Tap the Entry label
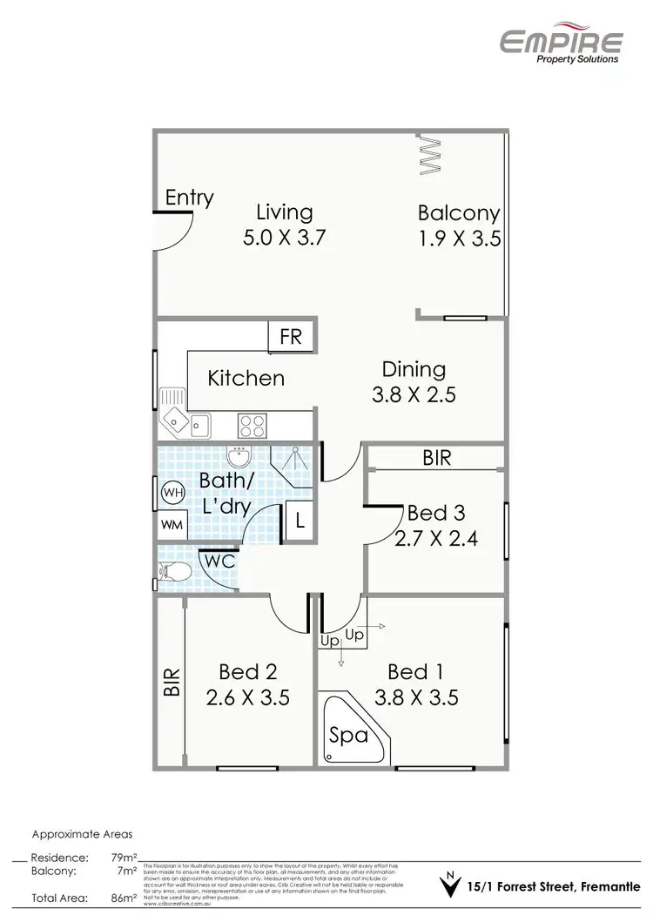pyautogui.click(x=189, y=198)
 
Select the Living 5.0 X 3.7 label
pyautogui.click(x=284, y=225)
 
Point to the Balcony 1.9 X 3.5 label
pyautogui.click(x=459, y=225)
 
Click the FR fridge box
pyautogui.click(x=291, y=336)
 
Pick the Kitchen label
pyautogui.click(x=246, y=378)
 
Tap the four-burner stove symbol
pyautogui.click(x=252, y=425)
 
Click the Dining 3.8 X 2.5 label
pyautogui.click(x=414, y=381)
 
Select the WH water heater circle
pyautogui.click(x=172, y=493)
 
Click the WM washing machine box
pyautogui.click(x=172, y=526)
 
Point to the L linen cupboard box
pyautogui.click(x=299, y=522)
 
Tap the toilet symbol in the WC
pyautogui.click(x=174, y=571)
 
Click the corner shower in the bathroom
pyautogui.click(x=293, y=464)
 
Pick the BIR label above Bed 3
pyautogui.click(x=436, y=458)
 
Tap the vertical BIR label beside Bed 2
pyautogui.click(x=171, y=682)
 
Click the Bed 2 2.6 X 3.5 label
pyautogui.click(x=248, y=684)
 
